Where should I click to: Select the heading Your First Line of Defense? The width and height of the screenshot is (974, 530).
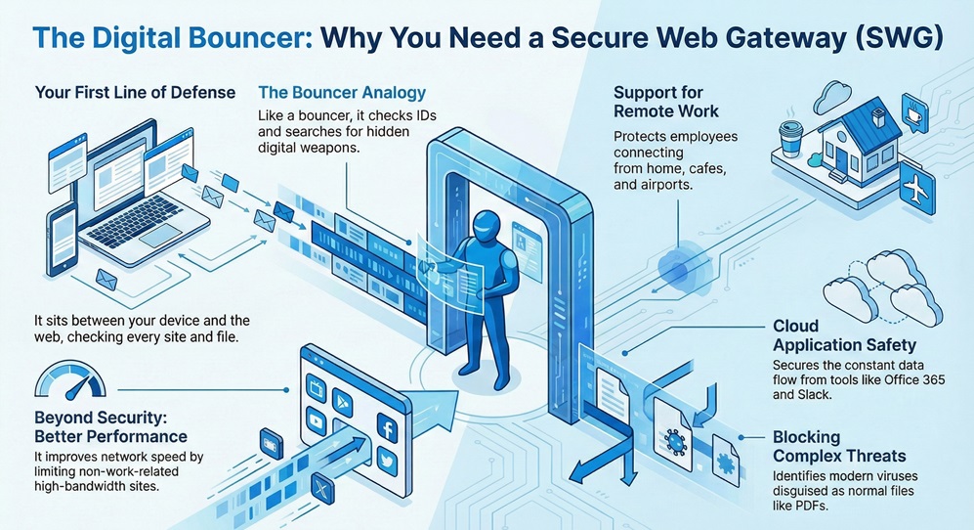135,93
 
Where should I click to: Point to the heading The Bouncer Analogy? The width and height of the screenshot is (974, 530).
342,93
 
